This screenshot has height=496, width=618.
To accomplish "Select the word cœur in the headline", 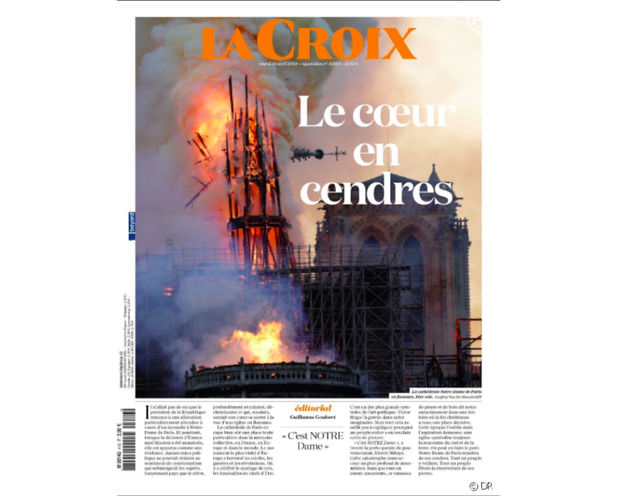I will [396, 113].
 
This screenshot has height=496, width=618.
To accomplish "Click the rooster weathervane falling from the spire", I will [309, 154].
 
